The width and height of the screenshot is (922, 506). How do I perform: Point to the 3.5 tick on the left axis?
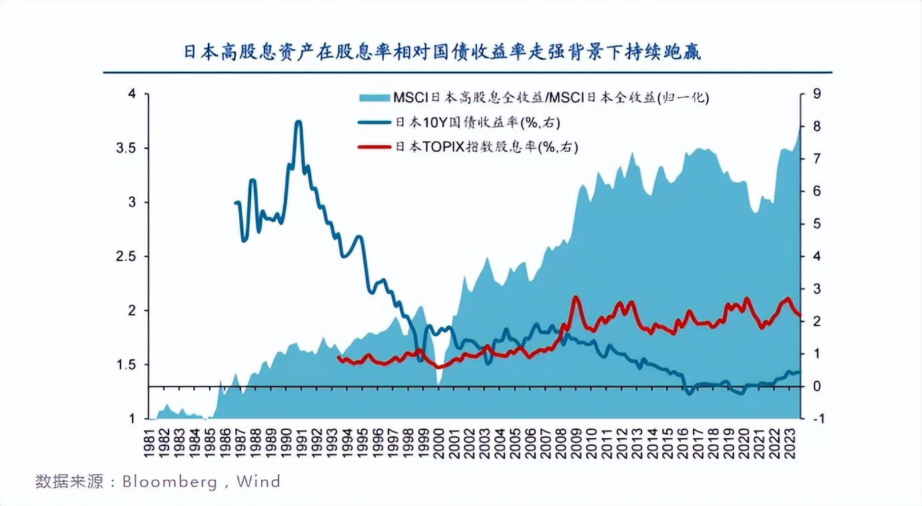(x=126, y=148)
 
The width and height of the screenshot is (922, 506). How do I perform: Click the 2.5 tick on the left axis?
(x=126, y=256)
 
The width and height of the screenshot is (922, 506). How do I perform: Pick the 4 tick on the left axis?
(x=131, y=94)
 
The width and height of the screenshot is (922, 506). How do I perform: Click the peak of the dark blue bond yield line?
(x=298, y=122)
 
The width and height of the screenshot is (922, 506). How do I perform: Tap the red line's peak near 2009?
(x=576, y=298)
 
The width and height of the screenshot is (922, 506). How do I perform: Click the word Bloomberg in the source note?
(x=169, y=481)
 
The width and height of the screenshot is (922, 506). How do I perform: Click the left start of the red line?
(x=338, y=358)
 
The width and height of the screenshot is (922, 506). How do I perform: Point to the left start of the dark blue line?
(x=236, y=202)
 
